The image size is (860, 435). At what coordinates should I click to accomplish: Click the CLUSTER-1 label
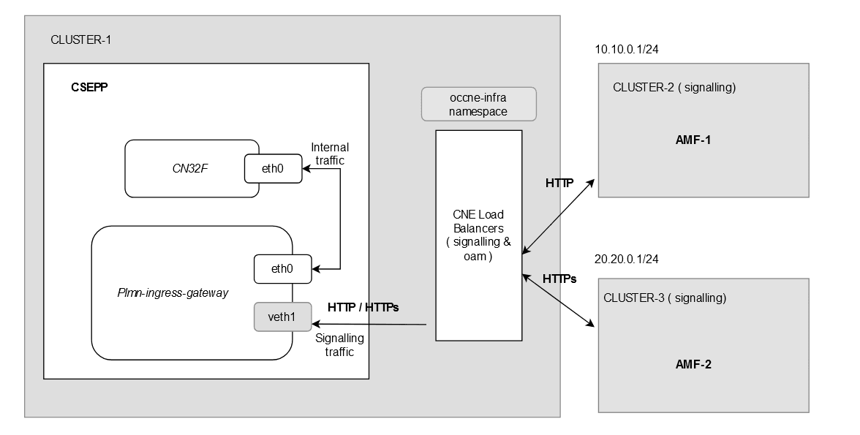pos(80,39)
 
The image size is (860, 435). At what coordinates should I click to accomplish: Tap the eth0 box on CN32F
pos(272,169)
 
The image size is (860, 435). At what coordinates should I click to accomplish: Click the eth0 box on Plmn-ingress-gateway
pos(281,268)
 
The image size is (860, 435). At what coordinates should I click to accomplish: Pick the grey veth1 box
pos(282,316)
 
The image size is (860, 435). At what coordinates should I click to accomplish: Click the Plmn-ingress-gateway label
pos(173,293)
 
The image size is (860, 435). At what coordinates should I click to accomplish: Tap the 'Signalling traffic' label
pos(339,345)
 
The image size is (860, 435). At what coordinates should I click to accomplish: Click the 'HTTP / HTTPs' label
pos(363,308)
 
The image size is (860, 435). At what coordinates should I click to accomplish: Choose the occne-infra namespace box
pos(479,104)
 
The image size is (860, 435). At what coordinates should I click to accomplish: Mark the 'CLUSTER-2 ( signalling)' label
pos(674,88)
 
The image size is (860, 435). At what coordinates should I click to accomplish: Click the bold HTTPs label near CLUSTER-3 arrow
pos(559,279)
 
